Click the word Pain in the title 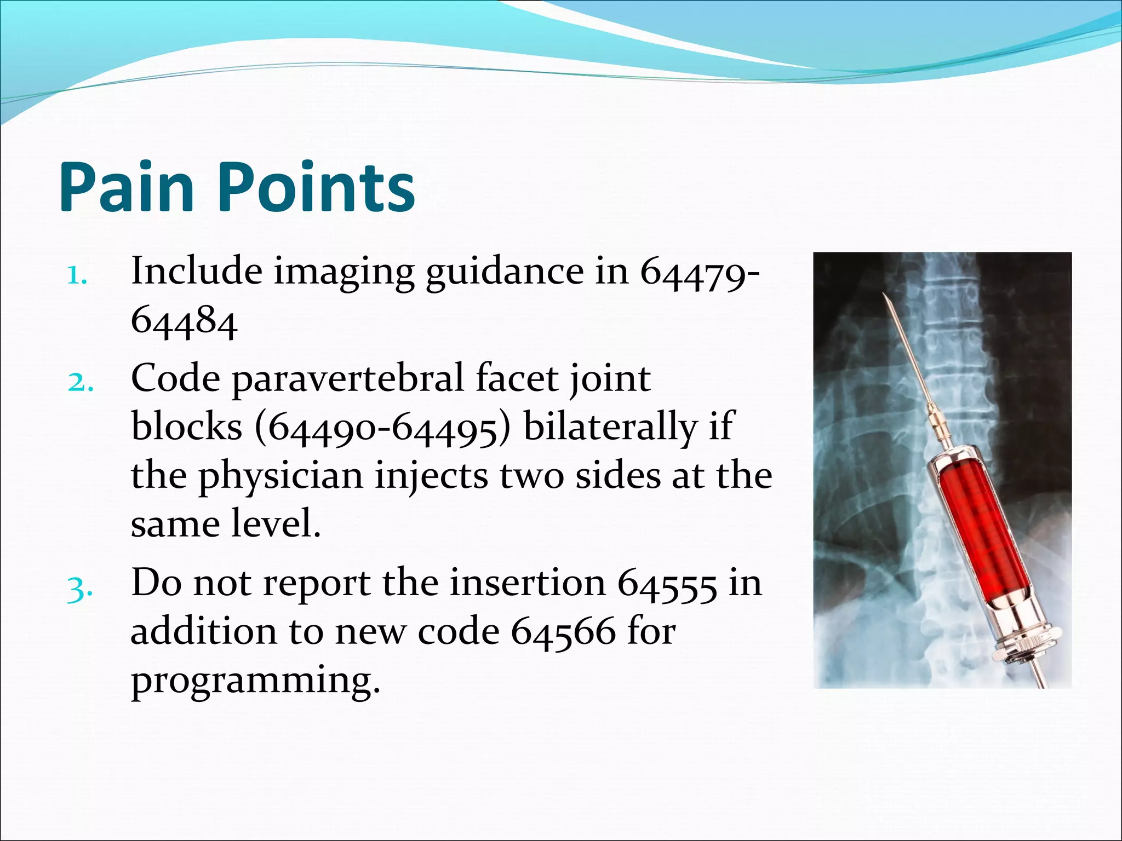pos(127,187)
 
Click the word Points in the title pos(318,187)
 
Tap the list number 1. pos(77,277)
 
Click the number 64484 pos(184,322)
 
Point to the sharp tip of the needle pos(884,296)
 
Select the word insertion pos(527,584)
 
